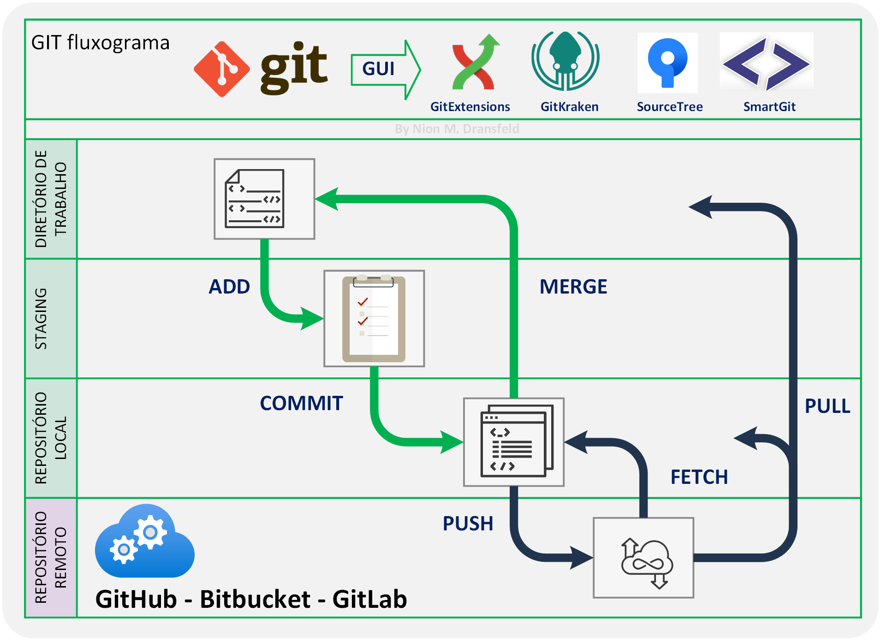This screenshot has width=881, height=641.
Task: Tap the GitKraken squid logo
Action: click(x=566, y=61)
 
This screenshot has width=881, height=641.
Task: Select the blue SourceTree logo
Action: click(x=667, y=63)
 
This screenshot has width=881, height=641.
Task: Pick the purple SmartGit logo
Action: click(x=766, y=63)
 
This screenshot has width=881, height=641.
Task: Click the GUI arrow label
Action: click(x=379, y=69)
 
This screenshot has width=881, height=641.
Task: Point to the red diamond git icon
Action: click(x=222, y=69)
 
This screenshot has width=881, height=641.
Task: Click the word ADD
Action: click(x=229, y=287)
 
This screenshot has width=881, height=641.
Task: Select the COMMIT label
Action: click(x=301, y=403)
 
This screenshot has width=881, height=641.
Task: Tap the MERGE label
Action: click(x=573, y=287)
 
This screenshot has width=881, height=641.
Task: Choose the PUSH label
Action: click(x=468, y=523)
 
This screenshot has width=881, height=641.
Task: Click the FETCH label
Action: click(x=699, y=477)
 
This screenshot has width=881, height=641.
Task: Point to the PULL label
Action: click(x=827, y=406)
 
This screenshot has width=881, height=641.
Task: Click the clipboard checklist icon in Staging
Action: click(x=374, y=318)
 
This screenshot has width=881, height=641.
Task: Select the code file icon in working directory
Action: click(x=264, y=199)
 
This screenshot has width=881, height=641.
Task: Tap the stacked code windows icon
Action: click(x=514, y=442)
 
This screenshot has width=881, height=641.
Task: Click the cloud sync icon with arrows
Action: click(x=644, y=558)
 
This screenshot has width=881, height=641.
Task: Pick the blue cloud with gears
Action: click(x=144, y=542)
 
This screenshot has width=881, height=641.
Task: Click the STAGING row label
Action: click(x=42, y=318)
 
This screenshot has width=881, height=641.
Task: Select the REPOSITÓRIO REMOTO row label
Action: click(x=51, y=558)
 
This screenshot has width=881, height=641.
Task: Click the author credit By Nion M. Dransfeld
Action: click(x=457, y=129)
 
